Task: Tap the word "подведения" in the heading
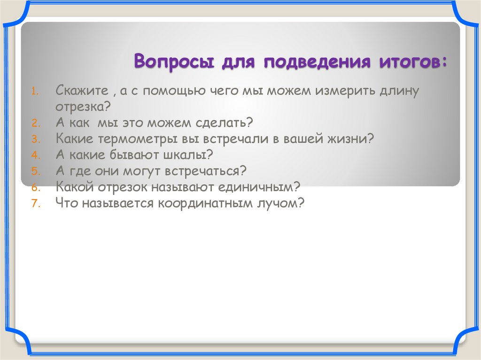click(313, 62)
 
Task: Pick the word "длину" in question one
click(400, 91)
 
